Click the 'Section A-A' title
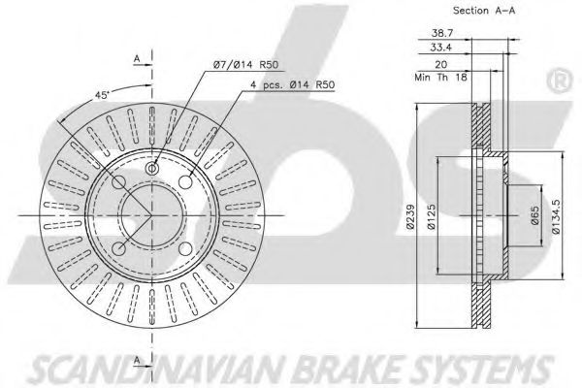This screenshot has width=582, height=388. [484, 11]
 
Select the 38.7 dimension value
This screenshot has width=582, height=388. [441, 33]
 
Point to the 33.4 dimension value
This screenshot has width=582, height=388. [441, 48]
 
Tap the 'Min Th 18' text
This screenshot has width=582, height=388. [440, 78]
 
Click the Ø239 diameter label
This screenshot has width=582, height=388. [409, 216]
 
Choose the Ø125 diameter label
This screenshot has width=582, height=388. [432, 216]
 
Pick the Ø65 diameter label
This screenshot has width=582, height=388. [534, 215]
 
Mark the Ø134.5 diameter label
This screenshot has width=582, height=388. [556, 216]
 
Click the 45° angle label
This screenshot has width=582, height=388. [101, 95]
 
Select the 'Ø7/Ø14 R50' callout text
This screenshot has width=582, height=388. [245, 65]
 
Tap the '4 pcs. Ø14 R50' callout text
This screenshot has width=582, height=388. [293, 85]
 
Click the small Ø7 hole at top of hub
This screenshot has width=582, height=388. [152, 168]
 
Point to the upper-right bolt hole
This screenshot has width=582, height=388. [185, 182]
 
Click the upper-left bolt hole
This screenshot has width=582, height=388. [118, 182]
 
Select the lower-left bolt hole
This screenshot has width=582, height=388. [118, 248]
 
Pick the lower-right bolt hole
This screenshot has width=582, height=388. [185, 248]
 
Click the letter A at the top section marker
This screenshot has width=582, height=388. [137, 58]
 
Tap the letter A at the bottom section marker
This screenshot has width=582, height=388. [137, 360]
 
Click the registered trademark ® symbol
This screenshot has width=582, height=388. [561, 81]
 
